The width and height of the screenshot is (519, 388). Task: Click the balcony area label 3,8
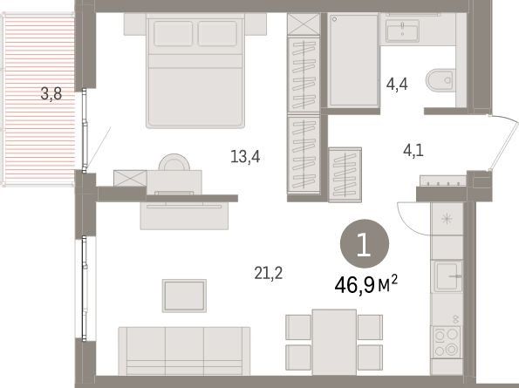[x=51, y=94]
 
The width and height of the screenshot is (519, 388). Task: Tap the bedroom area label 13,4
[x=245, y=156]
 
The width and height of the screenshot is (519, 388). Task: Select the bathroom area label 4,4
[x=397, y=84]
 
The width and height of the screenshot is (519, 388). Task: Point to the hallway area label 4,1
[x=413, y=151]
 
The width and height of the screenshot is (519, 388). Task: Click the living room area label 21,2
[x=269, y=273]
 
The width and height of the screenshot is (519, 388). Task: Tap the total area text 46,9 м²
[x=365, y=285]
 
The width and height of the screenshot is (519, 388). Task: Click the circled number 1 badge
[x=365, y=244]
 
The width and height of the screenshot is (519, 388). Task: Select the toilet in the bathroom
[x=440, y=80]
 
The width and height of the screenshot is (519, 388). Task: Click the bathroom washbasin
[x=402, y=31]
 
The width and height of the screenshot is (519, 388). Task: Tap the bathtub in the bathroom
[x=353, y=60]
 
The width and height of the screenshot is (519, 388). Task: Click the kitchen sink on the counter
[x=448, y=276]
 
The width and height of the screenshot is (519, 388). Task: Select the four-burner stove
[x=447, y=342]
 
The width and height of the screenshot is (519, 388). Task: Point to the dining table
[x=334, y=342]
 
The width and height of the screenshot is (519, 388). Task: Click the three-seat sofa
[x=184, y=351]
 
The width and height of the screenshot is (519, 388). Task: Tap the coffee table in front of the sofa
[x=184, y=296]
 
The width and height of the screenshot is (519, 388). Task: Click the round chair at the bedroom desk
[x=174, y=162]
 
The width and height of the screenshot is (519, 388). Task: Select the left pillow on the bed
[x=173, y=33]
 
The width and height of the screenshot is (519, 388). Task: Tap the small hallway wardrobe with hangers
[x=345, y=174]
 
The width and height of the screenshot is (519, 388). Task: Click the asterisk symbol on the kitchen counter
[x=447, y=219]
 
